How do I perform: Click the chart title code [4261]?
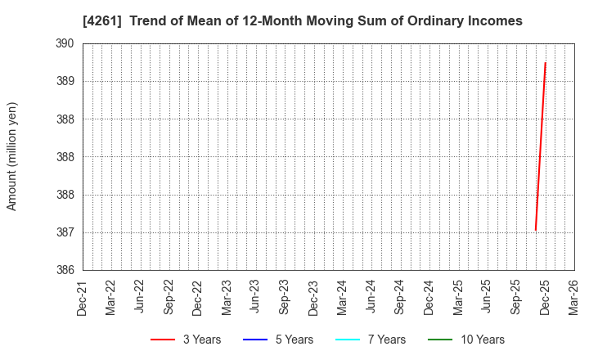(100, 21)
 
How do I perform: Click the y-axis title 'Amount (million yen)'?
(12, 156)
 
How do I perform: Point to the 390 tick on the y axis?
(65, 43)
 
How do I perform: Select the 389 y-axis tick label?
(65, 81)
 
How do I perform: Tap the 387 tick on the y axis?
(65, 232)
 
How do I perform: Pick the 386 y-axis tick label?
(65, 270)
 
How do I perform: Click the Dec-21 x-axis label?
(83, 298)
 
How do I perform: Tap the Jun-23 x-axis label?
(256, 298)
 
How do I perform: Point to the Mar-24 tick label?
(343, 298)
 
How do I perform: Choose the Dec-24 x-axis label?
(429, 298)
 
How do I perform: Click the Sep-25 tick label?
(516, 298)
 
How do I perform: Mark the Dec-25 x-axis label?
(545, 298)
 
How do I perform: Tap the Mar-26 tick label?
(574, 298)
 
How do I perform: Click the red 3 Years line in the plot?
(541, 147)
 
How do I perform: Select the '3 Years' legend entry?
(200, 340)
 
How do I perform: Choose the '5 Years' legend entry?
(293, 340)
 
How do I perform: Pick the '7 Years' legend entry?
(385, 340)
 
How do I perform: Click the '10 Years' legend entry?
(481, 340)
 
